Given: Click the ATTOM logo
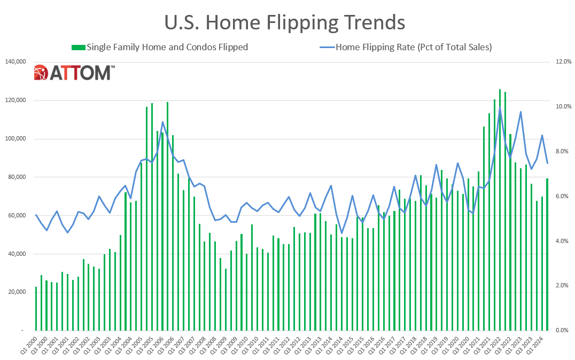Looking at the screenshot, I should point(74,73).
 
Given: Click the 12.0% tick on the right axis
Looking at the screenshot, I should point(563,62).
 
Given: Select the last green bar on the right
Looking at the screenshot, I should point(547,254).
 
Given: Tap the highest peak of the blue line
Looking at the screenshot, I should point(500,109).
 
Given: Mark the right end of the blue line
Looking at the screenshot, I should point(547,163).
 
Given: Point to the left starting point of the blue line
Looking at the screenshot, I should point(36,215).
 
